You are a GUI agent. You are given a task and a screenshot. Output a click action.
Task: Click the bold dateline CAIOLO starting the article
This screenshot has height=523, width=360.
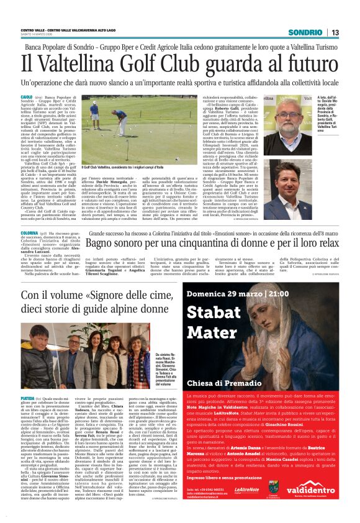27,98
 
